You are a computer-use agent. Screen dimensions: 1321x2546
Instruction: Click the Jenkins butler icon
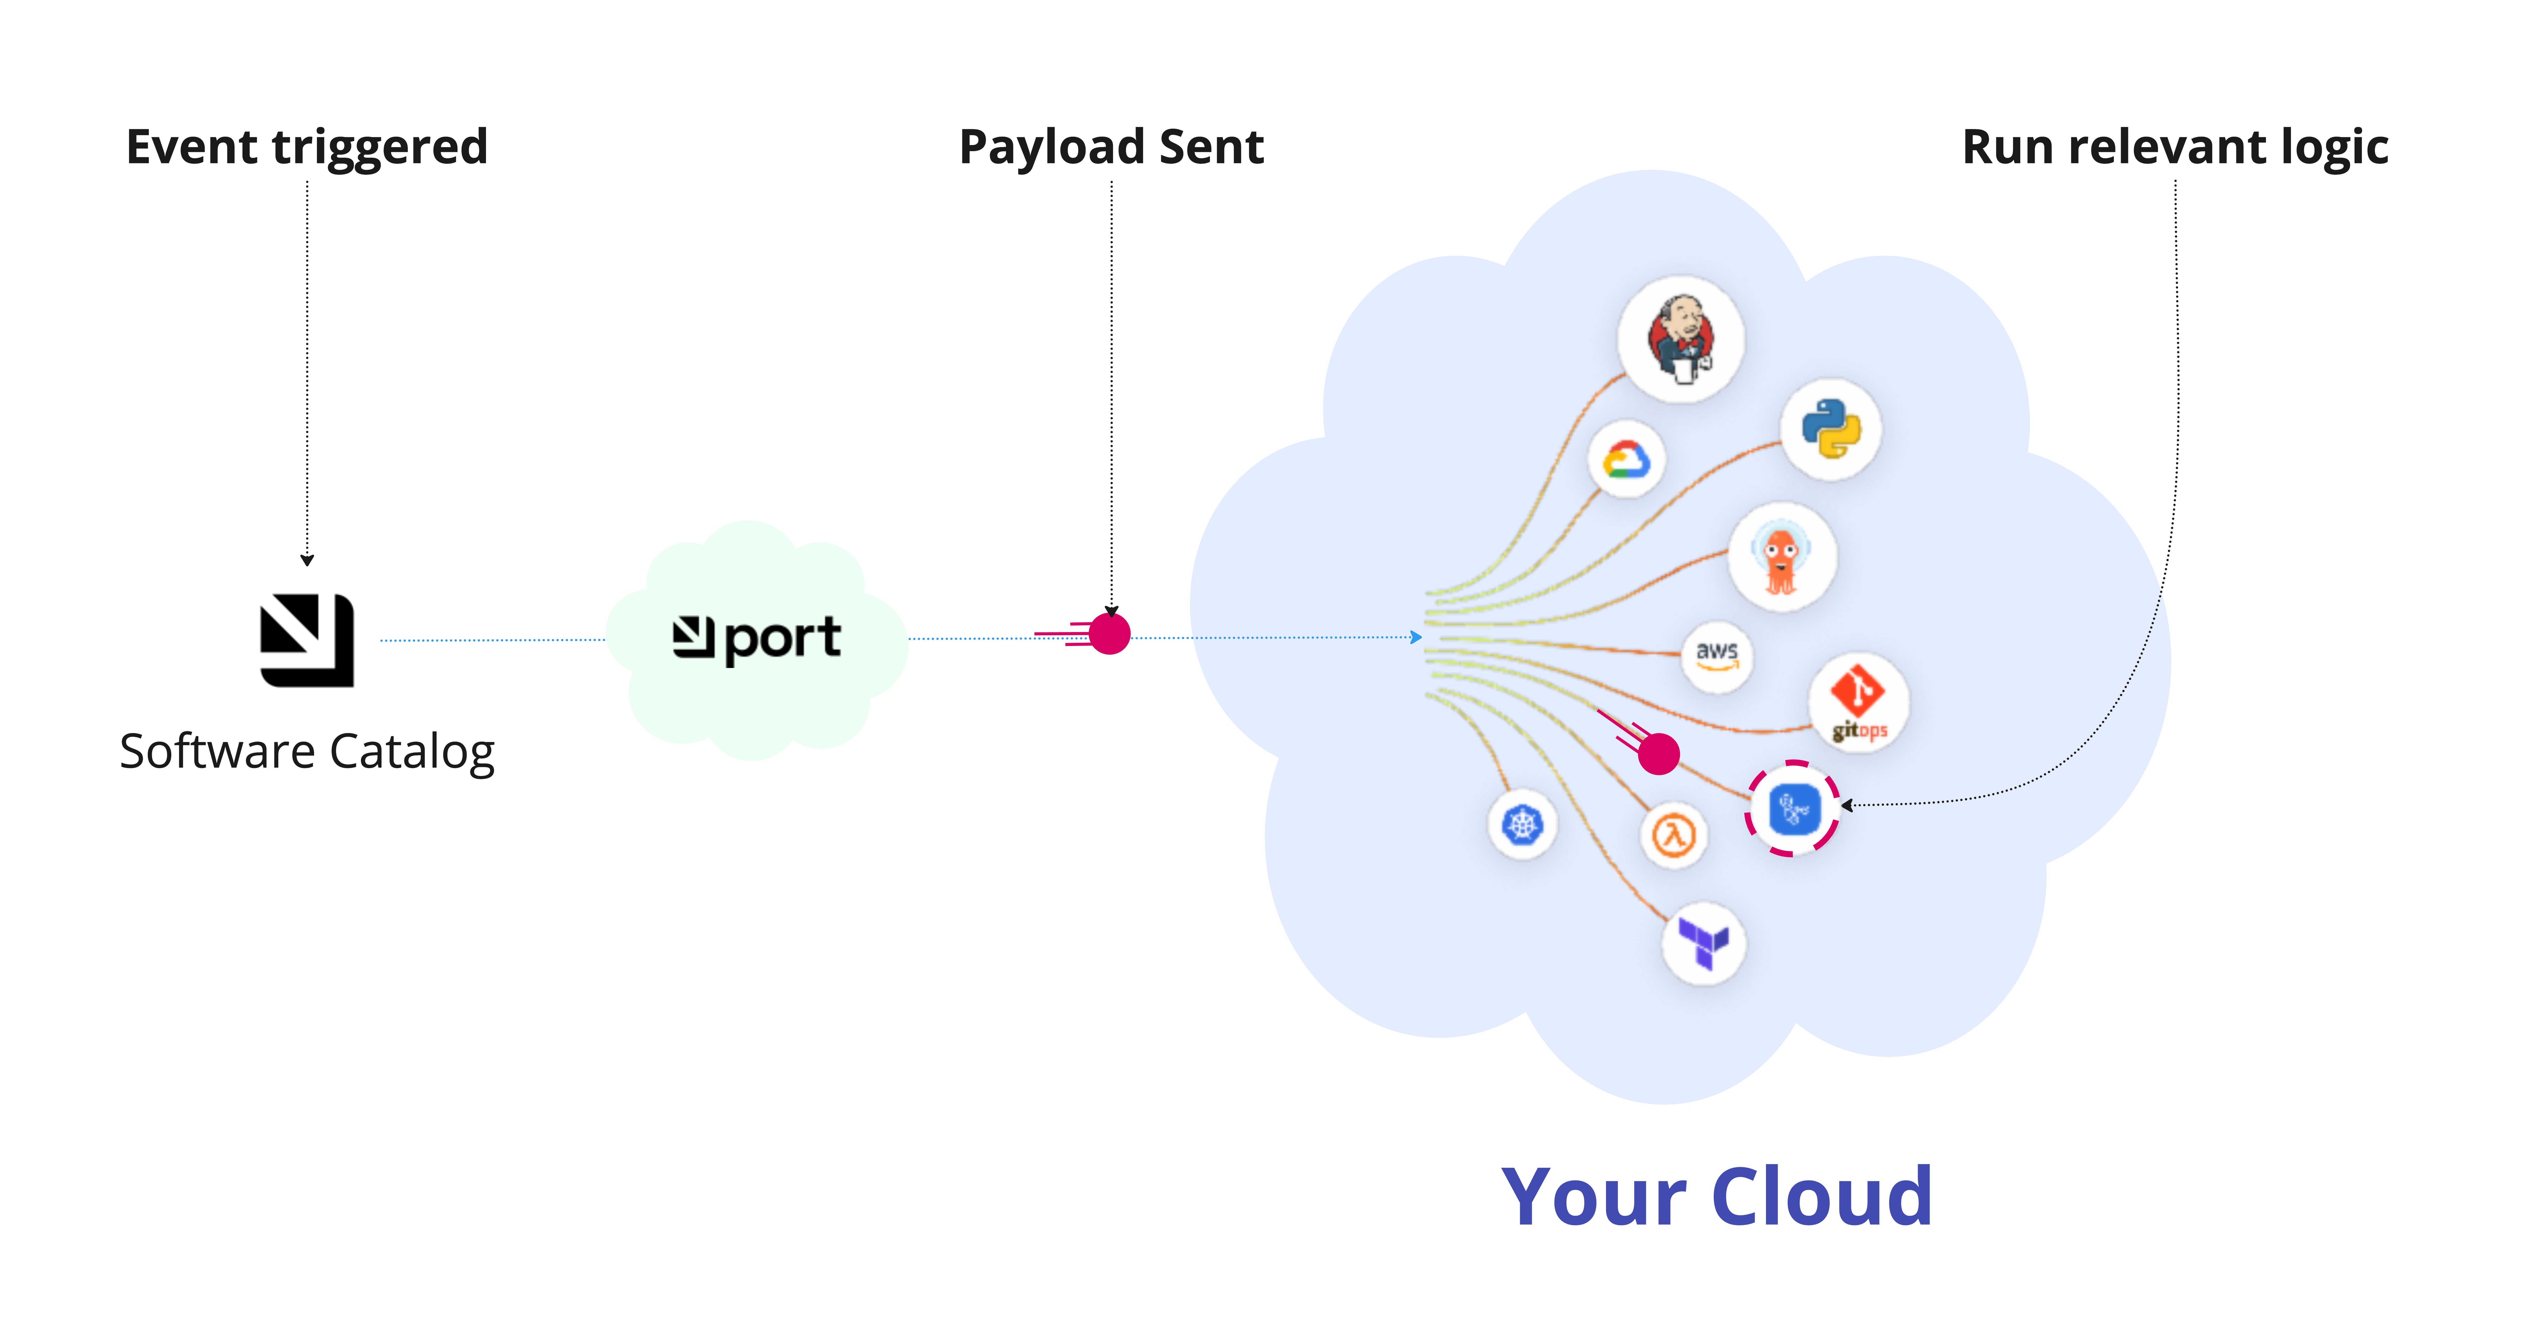[x=1680, y=339]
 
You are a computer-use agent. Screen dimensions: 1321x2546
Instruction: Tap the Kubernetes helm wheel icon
[x=1522, y=824]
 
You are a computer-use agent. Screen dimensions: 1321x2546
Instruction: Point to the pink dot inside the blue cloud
[x=1658, y=754]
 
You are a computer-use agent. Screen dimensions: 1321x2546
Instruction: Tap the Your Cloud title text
[x=1716, y=1197]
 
